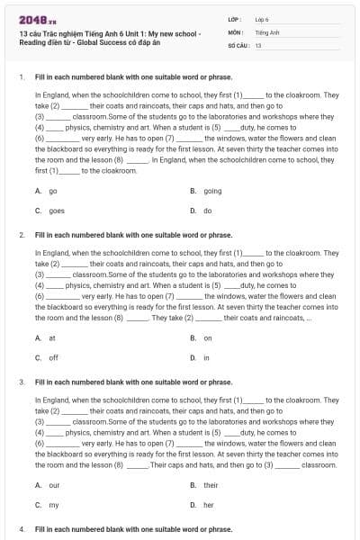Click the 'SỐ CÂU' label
[x=239, y=44]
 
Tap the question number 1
[x=20, y=76]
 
